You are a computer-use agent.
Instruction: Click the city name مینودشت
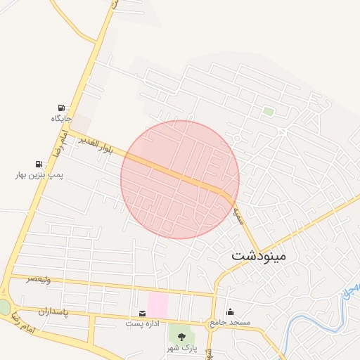click(x=259, y=255)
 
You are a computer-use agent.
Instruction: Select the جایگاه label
click(x=61, y=118)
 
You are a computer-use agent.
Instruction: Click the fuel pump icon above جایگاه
click(x=61, y=108)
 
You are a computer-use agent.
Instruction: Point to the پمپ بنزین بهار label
click(x=39, y=174)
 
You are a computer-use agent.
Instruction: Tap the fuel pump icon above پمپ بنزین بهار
click(x=39, y=163)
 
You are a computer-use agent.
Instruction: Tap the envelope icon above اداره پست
click(x=143, y=313)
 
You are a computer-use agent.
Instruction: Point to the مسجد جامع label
click(x=229, y=323)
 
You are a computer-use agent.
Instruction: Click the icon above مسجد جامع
click(x=230, y=312)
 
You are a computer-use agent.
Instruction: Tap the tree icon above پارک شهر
click(x=181, y=337)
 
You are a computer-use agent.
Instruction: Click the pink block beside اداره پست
click(x=157, y=304)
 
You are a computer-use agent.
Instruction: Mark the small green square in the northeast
click(x=268, y=111)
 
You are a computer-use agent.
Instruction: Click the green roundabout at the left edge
click(x=4, y=308)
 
